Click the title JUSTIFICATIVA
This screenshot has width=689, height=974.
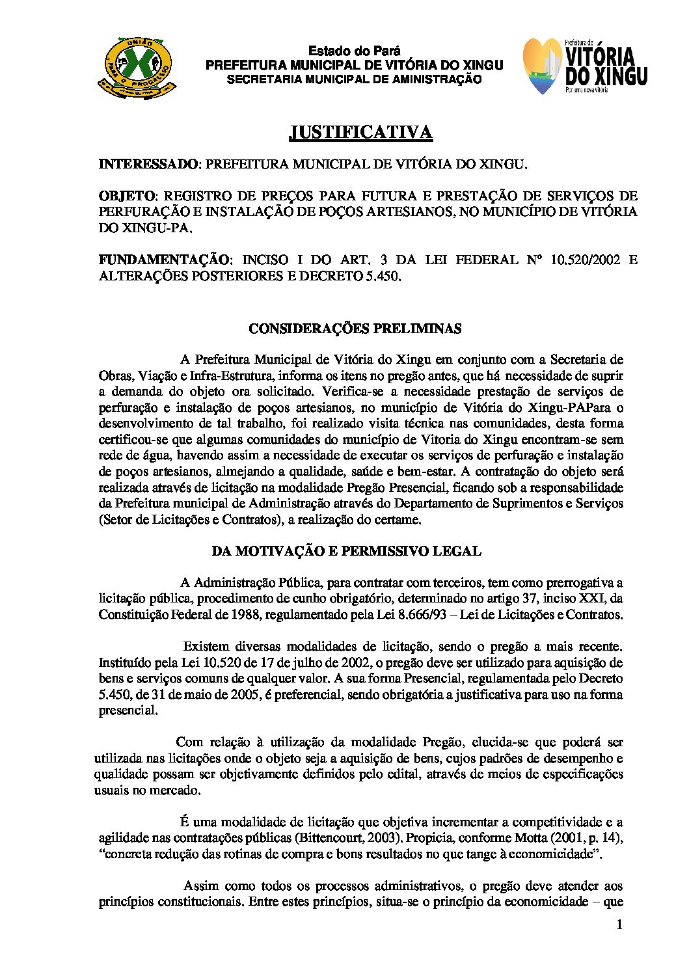click(x=360, y=133)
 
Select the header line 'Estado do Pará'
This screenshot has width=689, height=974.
click(x=354, y=51)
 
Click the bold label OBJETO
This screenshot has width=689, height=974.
click(x=126, y=196)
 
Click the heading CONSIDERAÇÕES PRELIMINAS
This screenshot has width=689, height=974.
click(x=355, y=329)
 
